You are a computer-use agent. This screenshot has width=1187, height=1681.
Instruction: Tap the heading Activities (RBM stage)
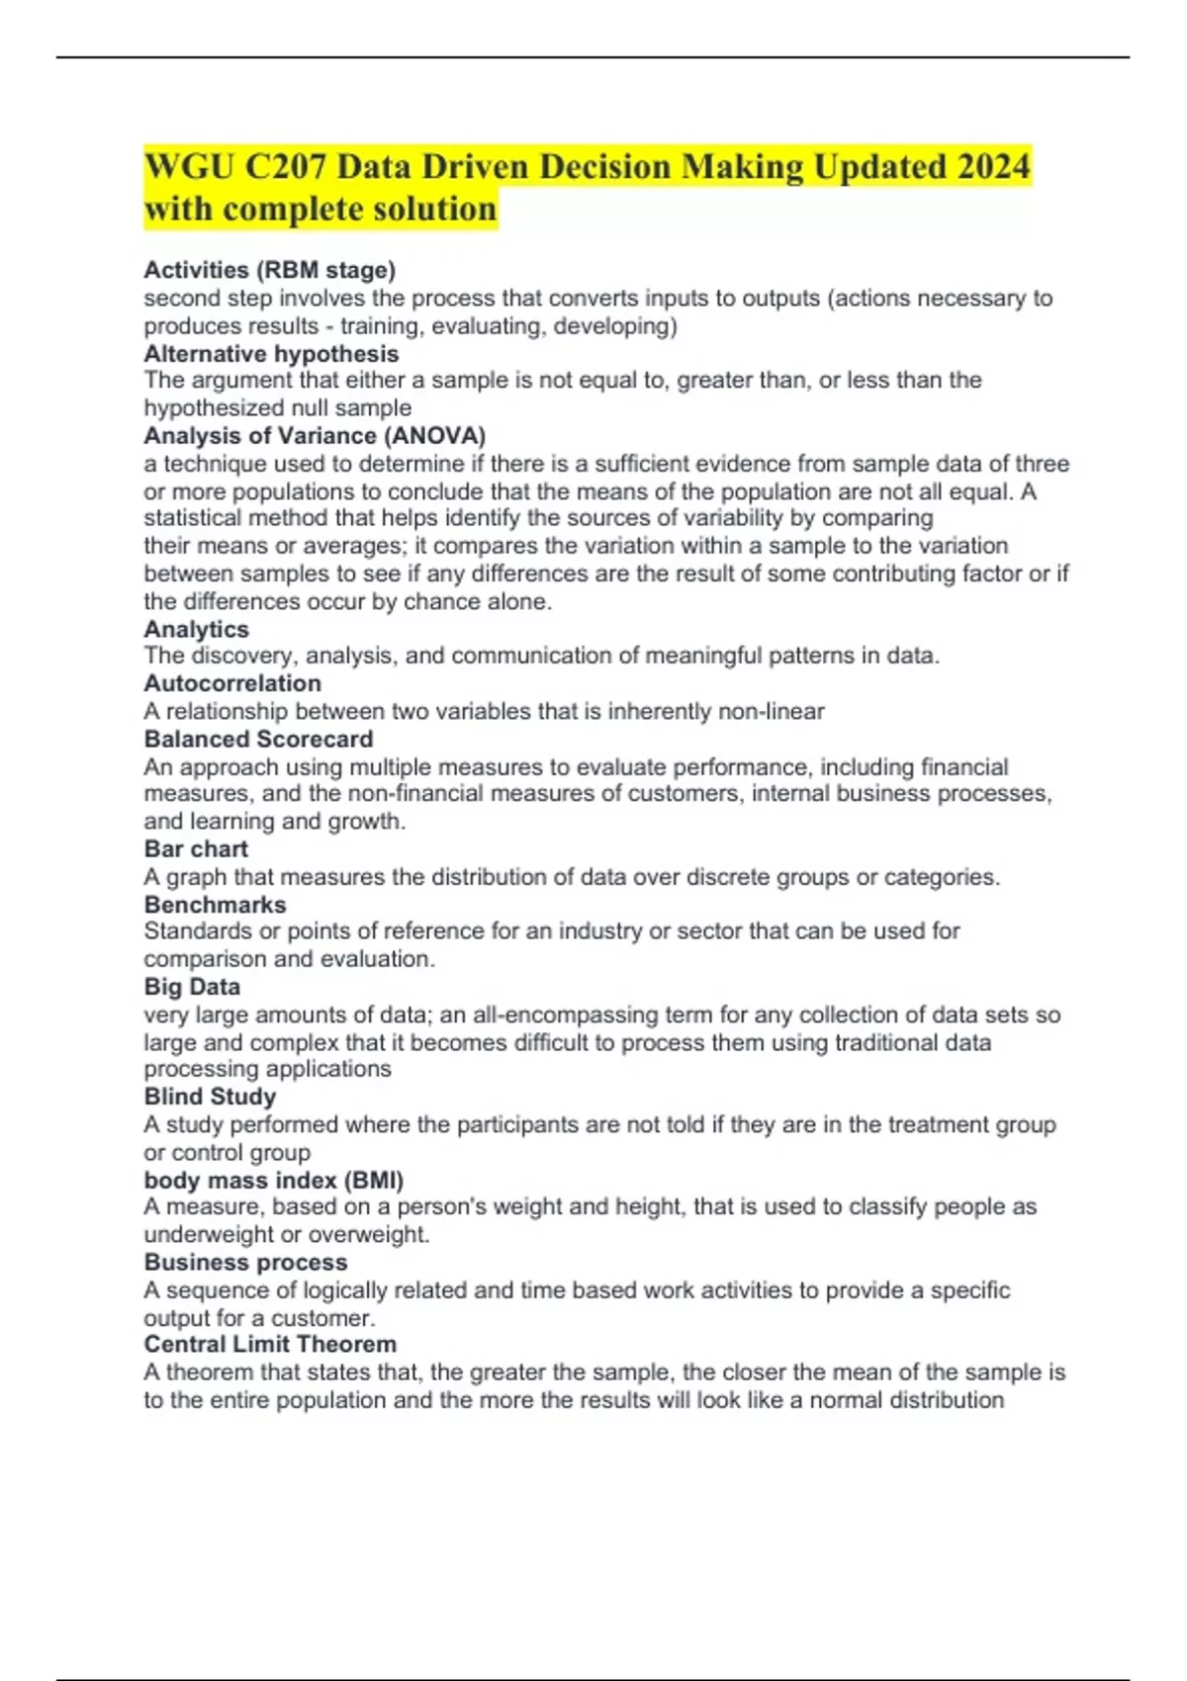click(269, 270)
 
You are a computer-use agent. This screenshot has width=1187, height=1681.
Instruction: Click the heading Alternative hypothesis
click(271, 353)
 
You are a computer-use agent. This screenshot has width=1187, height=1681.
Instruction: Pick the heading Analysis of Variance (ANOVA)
click(315, 435)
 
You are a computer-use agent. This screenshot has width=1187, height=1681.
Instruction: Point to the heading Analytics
click(196, 629)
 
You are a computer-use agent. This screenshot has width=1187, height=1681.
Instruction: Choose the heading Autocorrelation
click(232, 683)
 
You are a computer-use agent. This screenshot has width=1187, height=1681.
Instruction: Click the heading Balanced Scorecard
click(258, 739)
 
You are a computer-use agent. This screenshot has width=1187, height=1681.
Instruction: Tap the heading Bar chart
click(196, 848)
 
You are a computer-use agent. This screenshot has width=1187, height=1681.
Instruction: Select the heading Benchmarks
click(215, 904)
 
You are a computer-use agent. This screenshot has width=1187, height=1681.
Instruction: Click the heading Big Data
click(192, 986)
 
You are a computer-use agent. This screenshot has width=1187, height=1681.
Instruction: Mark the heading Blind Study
click(210, 1097)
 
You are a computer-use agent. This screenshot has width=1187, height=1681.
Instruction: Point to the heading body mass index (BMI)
click(273, 1180)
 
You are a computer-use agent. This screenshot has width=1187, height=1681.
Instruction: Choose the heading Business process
click(245, 1262)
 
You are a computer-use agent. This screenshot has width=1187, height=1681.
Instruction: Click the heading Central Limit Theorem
click(270, 1344)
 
